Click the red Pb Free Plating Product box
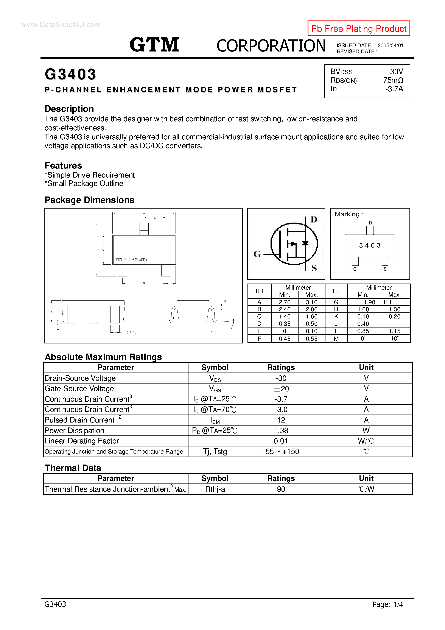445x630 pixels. (359, 28)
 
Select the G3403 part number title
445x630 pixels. (70, 74)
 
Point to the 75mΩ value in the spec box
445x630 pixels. (393, 80)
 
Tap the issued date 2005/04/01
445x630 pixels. (390, 45)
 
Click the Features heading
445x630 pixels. (63, 165)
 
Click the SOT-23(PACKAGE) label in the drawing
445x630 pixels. (131, 260)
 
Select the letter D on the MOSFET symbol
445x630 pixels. (314, 219)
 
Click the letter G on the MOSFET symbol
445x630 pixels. (257, 254)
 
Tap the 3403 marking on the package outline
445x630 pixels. (370, 245)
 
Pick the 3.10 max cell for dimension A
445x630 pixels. (311, 302)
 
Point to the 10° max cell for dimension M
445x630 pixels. (395, 339)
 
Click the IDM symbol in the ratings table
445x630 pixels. (215, 420)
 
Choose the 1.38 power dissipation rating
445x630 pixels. (281, 430)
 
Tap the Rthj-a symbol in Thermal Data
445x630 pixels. (215, 489)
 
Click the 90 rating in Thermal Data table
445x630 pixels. (281, 489)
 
